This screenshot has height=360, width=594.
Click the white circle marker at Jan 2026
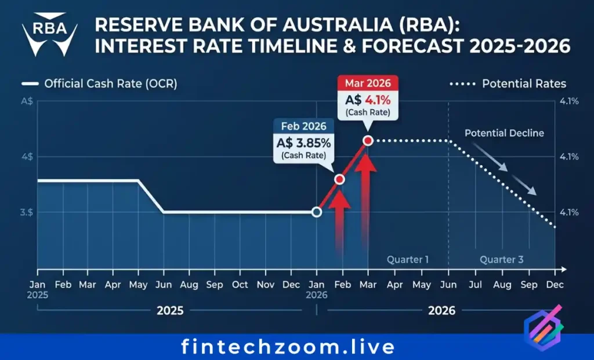(316, 212)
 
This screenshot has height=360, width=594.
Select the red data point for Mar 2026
(367, 140)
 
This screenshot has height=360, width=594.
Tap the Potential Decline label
(504, 133)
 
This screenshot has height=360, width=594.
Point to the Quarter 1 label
(408, 260)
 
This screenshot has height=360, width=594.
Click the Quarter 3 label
(501, 260)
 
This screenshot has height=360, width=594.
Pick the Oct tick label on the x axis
(240, 285)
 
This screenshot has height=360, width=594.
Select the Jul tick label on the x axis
(475, 285)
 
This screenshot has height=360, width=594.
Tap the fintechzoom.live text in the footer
(288, 347)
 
